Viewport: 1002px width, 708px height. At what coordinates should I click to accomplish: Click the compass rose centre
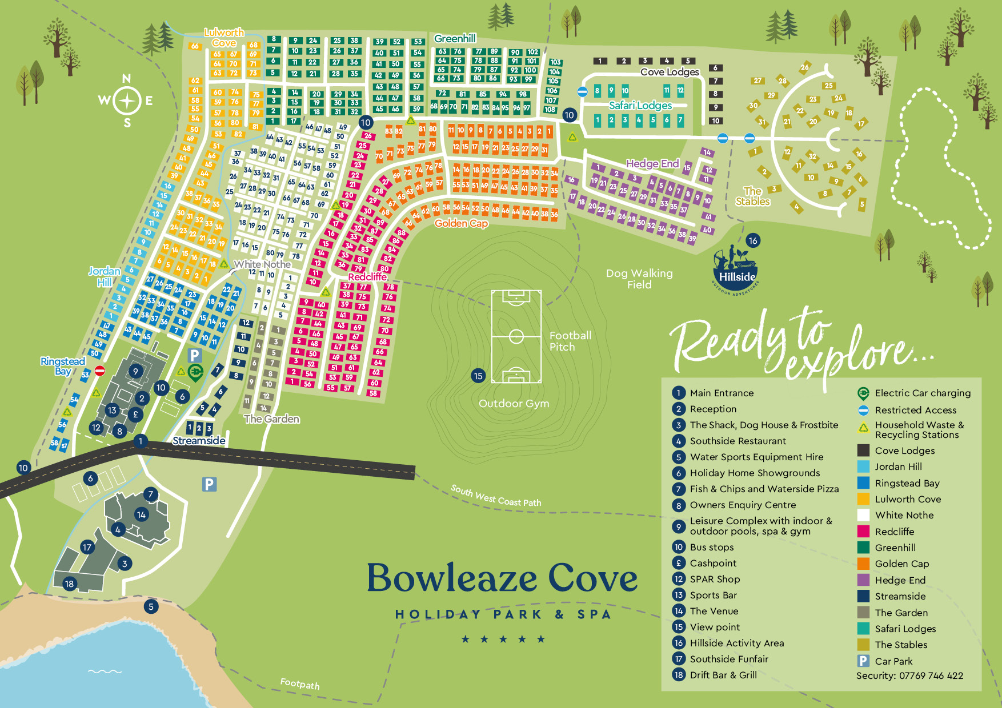(x=127, y=101)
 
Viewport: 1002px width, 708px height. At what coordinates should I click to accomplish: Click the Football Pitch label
(x=570, y=341)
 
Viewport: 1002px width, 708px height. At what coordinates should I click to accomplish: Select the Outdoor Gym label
(x=514, y=404)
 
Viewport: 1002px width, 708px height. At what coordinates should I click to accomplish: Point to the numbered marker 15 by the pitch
(x=478, y=376)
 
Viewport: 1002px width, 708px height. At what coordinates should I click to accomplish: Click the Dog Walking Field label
(x=639, y=279)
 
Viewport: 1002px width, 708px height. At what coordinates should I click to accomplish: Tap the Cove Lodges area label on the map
(x=670, y=72)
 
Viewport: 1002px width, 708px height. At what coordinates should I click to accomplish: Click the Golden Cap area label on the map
(x=461, y=223)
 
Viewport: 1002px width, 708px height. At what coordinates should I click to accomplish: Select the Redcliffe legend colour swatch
(x=863, y=531)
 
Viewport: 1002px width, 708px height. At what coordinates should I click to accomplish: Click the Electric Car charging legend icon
(x=863, y=393)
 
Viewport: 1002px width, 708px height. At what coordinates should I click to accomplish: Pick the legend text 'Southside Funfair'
(x=729, y=659)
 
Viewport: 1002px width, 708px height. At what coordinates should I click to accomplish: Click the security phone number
(x=931, y=675)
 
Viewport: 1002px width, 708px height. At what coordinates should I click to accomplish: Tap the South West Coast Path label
(x=495, y=496)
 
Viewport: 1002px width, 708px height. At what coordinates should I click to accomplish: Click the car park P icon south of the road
(x=209, y=485)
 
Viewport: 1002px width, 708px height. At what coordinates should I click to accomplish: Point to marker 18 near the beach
(x=70, y=584)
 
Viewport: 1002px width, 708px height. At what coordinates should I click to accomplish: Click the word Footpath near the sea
(x=300, y=683)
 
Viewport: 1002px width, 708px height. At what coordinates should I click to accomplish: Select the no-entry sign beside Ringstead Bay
(x=100, y=371)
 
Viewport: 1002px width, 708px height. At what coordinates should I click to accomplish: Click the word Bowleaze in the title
(x=452, y=578)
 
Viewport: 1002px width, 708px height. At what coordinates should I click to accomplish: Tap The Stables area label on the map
(x=752, y=196)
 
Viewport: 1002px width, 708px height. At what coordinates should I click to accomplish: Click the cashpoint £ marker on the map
(x=135, y=415)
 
